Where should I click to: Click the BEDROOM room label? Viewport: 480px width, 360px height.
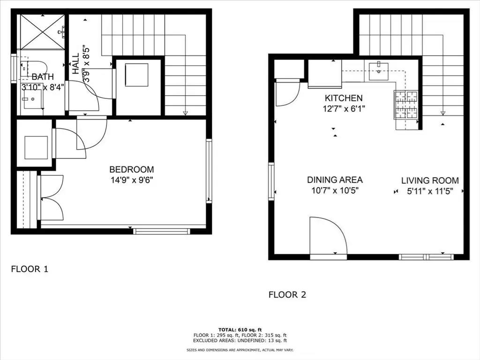point(132,169)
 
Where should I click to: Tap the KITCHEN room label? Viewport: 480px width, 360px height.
point(344,98)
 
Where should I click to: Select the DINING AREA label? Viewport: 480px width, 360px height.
point(335,180)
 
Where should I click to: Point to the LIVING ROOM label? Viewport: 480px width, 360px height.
point(430,180)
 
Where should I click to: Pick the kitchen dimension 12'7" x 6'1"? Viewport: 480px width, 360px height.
point(344,109)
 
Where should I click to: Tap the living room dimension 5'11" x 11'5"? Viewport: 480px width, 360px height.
point(430,191)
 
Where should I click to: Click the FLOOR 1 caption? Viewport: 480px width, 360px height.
point(30,269)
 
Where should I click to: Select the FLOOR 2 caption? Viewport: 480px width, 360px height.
point(287,295)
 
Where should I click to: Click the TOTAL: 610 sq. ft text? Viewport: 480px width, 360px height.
point(240,330)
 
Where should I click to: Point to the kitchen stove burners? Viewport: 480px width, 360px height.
point(406,105)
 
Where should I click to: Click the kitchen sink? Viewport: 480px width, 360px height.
point(379,72)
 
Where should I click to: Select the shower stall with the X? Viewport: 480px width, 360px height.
point(42,31)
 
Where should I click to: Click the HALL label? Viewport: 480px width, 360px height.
point(75,63)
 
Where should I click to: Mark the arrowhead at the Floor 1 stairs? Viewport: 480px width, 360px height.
point(185,113)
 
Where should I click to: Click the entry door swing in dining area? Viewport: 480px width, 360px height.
point(329,236)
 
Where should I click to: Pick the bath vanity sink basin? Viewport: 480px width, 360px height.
point(32,99)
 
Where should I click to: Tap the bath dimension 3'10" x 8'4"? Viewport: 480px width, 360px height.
point(43,87)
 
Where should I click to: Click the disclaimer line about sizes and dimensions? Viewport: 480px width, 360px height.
point(240,350)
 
